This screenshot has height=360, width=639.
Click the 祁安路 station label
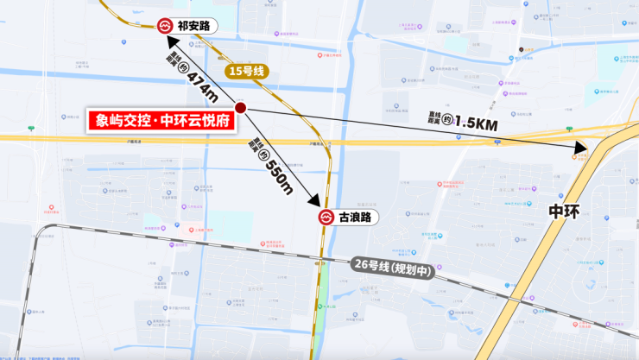click(x=193, y=27)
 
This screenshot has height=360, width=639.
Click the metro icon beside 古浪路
click(x=326, y=218)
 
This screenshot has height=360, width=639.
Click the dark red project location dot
click(x=241, y=108)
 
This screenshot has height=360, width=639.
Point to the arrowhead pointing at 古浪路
click(x=318, y=200)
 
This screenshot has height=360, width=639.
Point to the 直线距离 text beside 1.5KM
click(x=435, y=117)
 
